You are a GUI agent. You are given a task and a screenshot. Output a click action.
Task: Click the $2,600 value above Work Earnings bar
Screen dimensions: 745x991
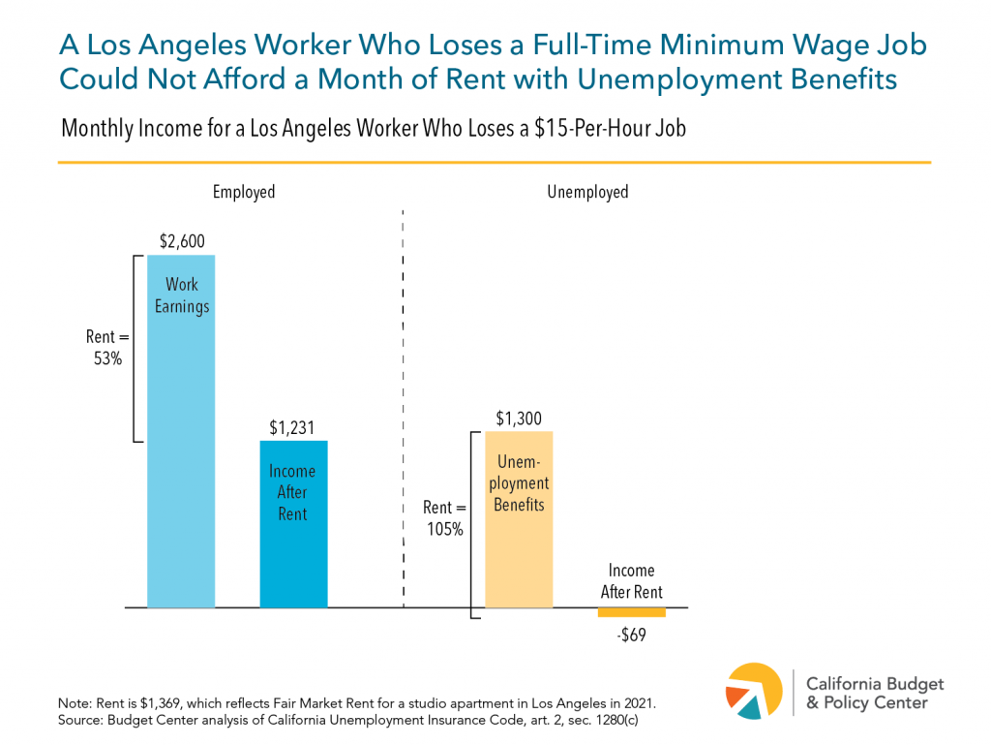coord(182,242)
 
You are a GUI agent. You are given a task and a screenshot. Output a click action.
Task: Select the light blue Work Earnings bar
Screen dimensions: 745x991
coord(181,436)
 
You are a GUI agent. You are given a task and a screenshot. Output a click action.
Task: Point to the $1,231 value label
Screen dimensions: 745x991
coord(293,427)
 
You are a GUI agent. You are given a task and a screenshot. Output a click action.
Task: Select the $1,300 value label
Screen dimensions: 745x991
coord(519,419)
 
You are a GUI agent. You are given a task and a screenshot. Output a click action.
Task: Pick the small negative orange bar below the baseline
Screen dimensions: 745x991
coord(631,612)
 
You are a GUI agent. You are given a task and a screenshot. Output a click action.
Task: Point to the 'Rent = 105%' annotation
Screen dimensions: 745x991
coord(444,518)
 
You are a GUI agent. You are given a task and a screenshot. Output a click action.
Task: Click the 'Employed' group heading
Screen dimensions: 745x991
coord(244,192)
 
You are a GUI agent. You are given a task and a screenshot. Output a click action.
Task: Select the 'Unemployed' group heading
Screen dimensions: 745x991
coord(587,192)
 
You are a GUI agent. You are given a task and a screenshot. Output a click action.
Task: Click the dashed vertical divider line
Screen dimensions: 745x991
coord(403,407)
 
